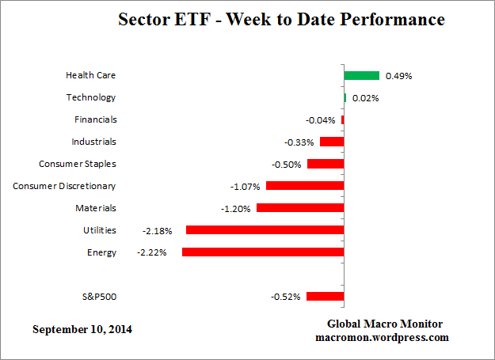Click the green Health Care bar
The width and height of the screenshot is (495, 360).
362,75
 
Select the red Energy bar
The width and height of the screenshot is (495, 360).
263,252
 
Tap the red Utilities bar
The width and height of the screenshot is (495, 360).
265,230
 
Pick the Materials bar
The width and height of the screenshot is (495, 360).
300,208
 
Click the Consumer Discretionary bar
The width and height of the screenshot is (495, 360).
305,186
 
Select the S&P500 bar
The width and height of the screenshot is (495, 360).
325,297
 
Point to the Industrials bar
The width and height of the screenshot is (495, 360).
332,142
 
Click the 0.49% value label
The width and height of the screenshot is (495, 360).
398,76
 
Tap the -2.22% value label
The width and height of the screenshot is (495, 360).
151,253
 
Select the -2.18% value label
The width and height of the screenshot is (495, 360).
156,231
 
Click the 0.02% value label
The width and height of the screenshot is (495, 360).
365,98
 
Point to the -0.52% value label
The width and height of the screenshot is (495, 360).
285,297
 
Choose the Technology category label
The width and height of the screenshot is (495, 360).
91,97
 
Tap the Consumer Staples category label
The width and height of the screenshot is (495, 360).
78,164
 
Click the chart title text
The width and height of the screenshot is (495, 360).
282,18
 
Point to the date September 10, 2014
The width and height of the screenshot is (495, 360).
82,328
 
